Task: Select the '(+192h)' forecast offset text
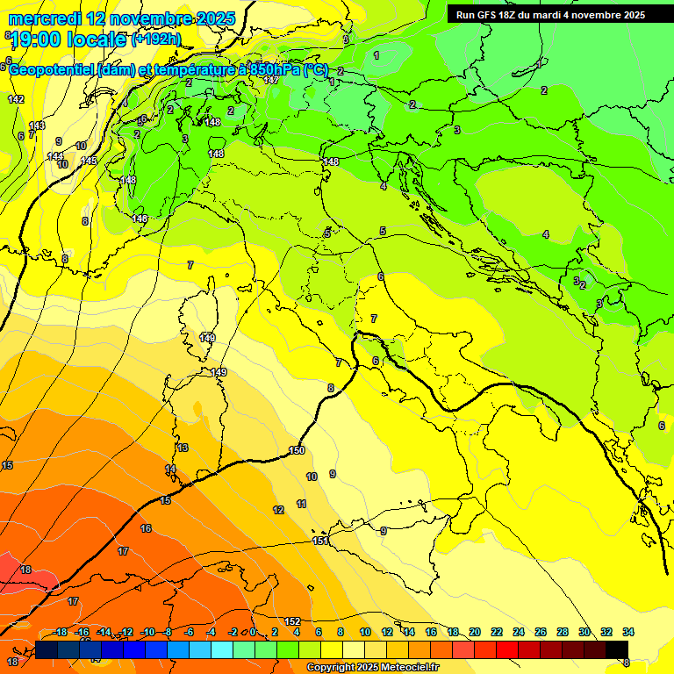click(156, 39)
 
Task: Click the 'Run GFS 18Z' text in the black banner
click(488, 15)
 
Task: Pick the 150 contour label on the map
click(297, 450)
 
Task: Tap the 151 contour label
click(320, 541)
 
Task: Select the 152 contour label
click(292, 621)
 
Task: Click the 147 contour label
click(271, 80)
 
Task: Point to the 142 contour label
click(16, 99)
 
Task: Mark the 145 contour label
click(89, 161)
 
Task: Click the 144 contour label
click(54, 156)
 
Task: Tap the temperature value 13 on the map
click(183, 448)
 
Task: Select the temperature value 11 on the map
click(302, 504)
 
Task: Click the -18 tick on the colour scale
click(60, 632)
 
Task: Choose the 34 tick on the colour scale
click(628, 632)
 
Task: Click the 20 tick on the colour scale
click(475, 632)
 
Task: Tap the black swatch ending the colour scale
click(617, 649)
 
